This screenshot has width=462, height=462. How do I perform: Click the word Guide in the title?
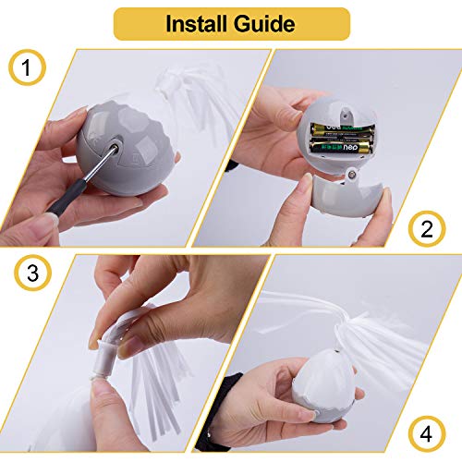point(264,24)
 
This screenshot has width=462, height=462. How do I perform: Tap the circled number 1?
point(27,67)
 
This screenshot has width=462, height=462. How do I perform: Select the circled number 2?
point(427,229)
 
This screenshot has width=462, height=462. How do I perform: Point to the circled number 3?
point(33,273)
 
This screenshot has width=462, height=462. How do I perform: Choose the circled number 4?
point(427,434)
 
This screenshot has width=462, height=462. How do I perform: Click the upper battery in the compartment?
point(342,130)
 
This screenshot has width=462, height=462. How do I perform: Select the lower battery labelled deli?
point(341,147)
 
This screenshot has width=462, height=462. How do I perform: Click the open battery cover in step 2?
point(347,193)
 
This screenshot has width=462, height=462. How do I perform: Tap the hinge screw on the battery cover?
point(351,175)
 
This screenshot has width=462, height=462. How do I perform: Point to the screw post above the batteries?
point(346,115)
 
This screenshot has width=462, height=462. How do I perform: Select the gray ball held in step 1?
point(122,148)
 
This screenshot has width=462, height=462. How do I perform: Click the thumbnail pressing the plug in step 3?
point(129,347)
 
